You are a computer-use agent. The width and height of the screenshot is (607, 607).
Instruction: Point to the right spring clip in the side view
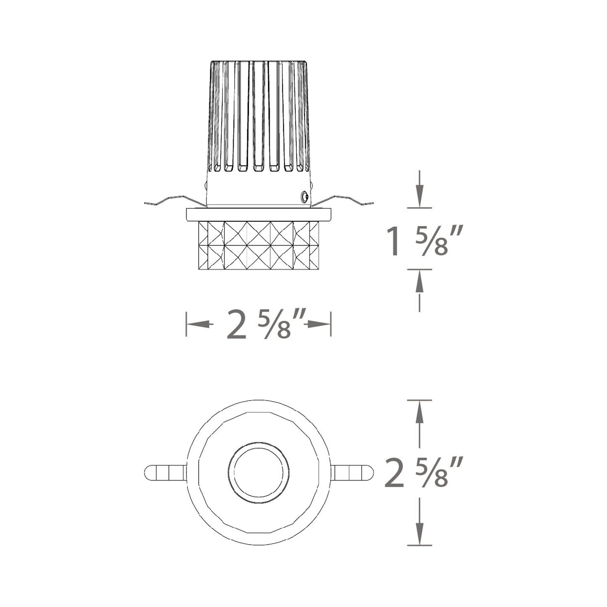[342, 200]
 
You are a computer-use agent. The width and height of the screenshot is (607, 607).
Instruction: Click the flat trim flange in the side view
[259, 215]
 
